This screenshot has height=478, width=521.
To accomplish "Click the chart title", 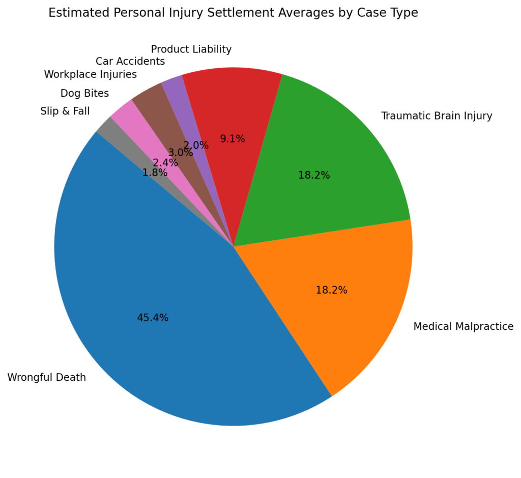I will point(233,13).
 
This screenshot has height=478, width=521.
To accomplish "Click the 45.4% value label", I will point(153,318).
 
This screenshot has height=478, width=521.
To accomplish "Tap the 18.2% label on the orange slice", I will point(331,290).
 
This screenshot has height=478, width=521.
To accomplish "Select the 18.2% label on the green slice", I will point(314,175).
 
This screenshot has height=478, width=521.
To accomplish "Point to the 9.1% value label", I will point(233,138).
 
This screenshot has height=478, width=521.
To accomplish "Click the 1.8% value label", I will point(155,173).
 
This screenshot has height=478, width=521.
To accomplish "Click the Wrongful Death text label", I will point(46,378).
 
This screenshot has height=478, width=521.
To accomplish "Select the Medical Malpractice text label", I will point(463,326).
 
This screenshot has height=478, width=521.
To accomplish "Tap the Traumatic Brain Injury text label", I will point(437,116).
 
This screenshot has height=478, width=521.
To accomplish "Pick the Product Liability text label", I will point(191,49).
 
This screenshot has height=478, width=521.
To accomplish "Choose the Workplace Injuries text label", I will point(91,74).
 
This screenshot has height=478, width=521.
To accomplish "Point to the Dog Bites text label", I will point(84,93).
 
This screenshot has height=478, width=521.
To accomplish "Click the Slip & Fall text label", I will point(65,111).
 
